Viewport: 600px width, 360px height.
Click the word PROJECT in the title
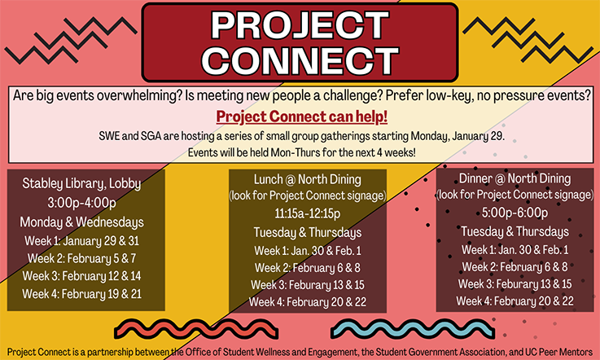pos(300,25)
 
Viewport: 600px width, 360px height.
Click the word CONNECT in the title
pos(300,60)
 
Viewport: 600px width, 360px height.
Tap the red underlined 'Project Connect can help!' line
pos(301,116)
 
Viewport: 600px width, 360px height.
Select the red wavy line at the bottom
pos(196,329)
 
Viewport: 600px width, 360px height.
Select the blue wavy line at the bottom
pos(413,329)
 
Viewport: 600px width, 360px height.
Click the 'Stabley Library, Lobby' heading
pos(81,184)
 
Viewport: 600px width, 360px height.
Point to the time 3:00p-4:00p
pos(81,203)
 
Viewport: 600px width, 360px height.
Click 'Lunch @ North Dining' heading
pos(307,179)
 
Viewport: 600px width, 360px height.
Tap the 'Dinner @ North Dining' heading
pos(515,178)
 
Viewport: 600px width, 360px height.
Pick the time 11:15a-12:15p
pos(307,213)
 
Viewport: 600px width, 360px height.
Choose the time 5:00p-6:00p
pos(515,213)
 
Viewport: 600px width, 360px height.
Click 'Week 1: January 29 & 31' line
pos(81,241)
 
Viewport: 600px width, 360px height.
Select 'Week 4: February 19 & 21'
pos(81,294)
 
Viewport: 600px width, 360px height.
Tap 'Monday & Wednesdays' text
pos(81,222)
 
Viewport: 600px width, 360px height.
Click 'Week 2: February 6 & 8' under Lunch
pos(307,268)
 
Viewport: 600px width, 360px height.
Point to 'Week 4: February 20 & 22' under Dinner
pos(515,301)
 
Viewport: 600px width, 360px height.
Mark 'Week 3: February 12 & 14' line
pos(81,276)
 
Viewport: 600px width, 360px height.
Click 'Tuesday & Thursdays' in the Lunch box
pos(307,233)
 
